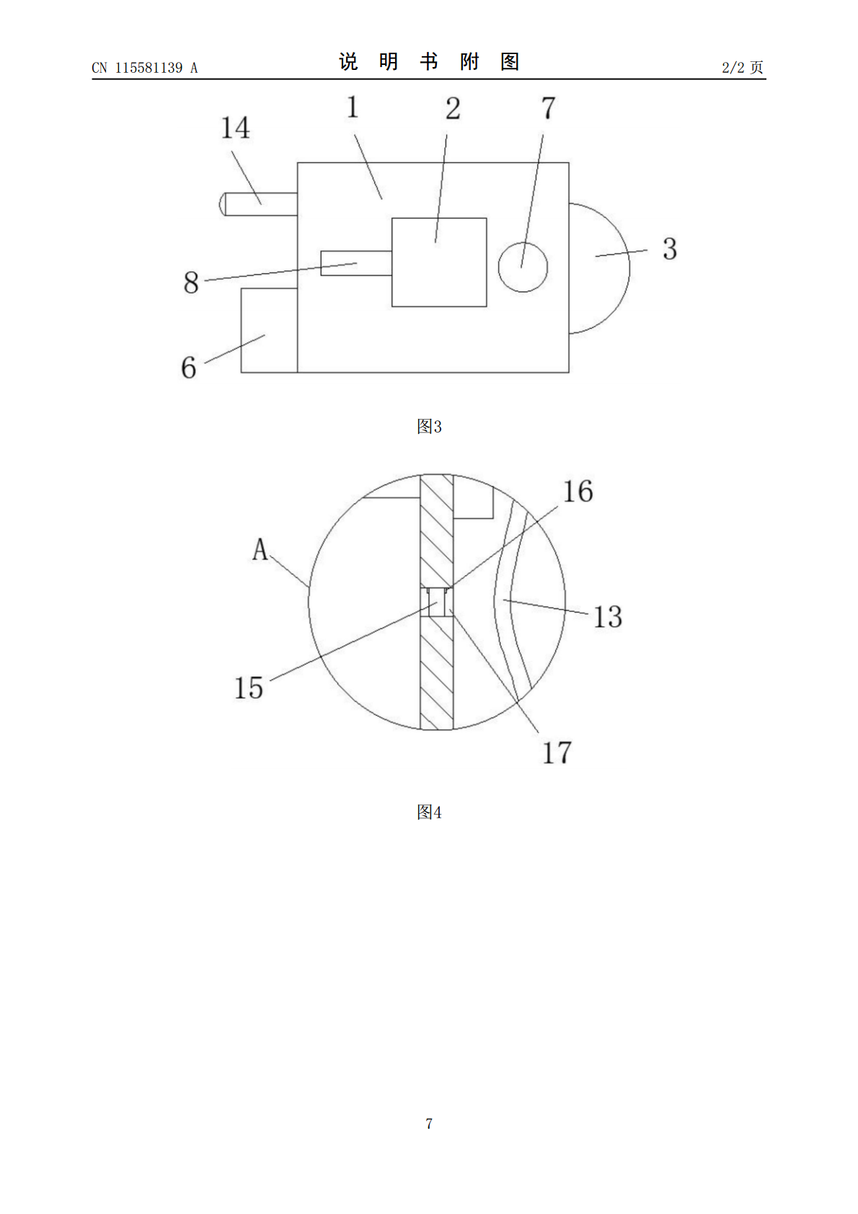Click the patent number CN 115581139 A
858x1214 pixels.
145,68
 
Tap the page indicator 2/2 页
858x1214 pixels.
742,67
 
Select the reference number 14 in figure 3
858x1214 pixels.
235,128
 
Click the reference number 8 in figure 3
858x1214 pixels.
191,283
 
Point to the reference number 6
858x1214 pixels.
189,368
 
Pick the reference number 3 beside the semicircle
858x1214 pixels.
670,249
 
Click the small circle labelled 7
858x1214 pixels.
523,267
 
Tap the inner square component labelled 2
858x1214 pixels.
439,262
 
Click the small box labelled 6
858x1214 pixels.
270,330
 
